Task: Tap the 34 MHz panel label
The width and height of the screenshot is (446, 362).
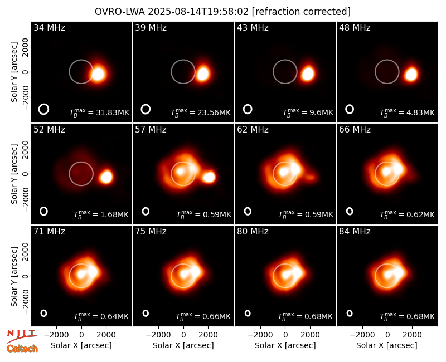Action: coord(49,27)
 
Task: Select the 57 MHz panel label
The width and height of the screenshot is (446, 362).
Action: coord(151,130)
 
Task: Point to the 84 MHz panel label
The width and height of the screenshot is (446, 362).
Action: coord(355,232)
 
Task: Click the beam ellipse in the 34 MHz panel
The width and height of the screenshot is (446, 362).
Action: coord(44,109)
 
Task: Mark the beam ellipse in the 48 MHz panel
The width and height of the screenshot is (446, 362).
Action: coord(350,109)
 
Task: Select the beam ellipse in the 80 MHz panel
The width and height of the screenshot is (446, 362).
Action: coord(248,313)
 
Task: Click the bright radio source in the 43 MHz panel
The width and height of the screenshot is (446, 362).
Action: coord(308,74)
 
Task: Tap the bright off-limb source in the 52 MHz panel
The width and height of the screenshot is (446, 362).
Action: coord(106,177)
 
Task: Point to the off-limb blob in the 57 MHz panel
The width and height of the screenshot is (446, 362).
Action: coord(209,177)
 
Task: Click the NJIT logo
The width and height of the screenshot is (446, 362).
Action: coord(22,335)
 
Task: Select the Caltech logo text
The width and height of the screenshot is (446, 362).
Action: coord(22,349)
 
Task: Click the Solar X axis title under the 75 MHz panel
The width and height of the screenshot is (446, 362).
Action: coord(183,345)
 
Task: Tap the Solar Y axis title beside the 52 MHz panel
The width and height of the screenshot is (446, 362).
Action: coord(14,174)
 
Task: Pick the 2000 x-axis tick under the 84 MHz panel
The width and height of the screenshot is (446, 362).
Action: coord(412,335)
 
